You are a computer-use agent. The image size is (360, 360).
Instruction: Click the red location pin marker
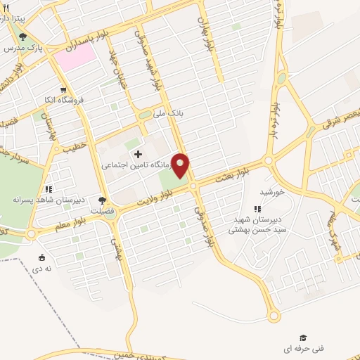pos(181,166)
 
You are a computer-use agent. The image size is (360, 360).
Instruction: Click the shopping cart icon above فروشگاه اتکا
pos(64,90)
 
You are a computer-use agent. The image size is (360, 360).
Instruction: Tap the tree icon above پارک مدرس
pos(22,37)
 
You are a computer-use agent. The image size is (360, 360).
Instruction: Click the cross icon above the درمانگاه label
pos(137,154)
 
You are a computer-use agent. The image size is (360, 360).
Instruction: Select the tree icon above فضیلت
pos(102,200)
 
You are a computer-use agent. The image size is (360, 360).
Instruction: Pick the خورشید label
pos(271,191)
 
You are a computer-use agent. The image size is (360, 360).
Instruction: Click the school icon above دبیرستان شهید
pos(257,209)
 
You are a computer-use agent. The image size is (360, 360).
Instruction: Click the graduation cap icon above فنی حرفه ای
pos(303,337)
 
